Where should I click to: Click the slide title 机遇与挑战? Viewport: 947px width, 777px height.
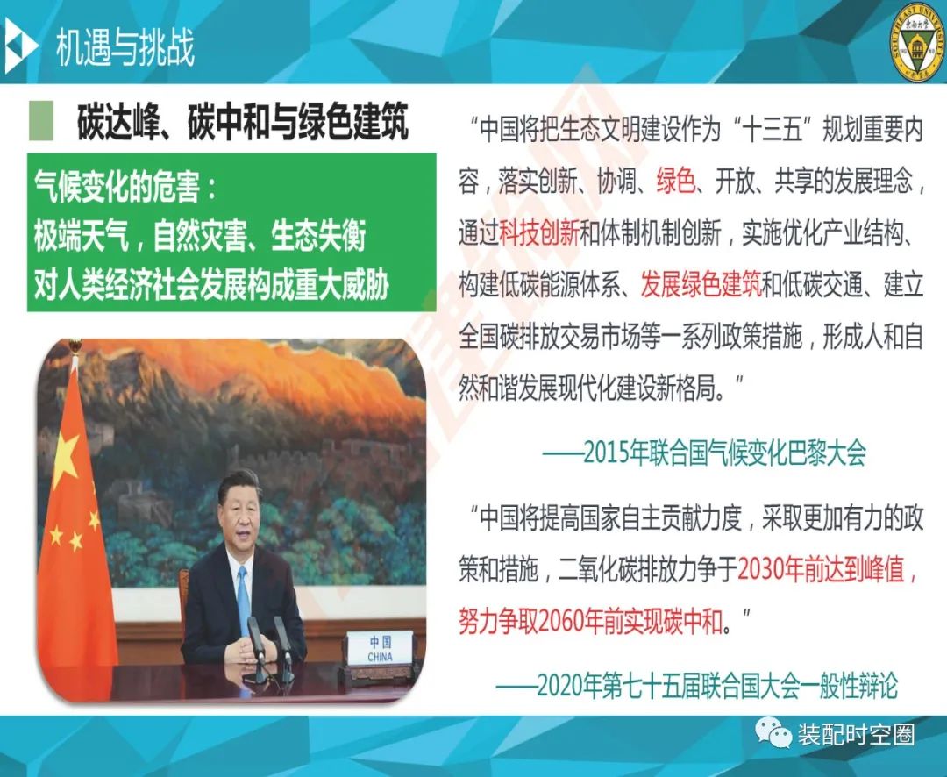(125, 47)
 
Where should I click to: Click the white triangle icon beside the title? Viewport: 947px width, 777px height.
(20, 46)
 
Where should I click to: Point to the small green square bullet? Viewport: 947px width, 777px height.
(41, 121)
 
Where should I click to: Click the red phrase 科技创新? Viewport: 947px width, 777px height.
(539, 232)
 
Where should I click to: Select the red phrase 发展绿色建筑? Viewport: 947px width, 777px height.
(701, 285)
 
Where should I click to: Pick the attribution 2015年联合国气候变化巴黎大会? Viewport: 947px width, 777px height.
(704, 453)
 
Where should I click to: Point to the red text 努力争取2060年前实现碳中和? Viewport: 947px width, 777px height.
(591, 621)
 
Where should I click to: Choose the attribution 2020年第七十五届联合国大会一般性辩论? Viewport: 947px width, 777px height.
(697, 686)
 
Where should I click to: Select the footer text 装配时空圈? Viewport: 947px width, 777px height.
(857, 734)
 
